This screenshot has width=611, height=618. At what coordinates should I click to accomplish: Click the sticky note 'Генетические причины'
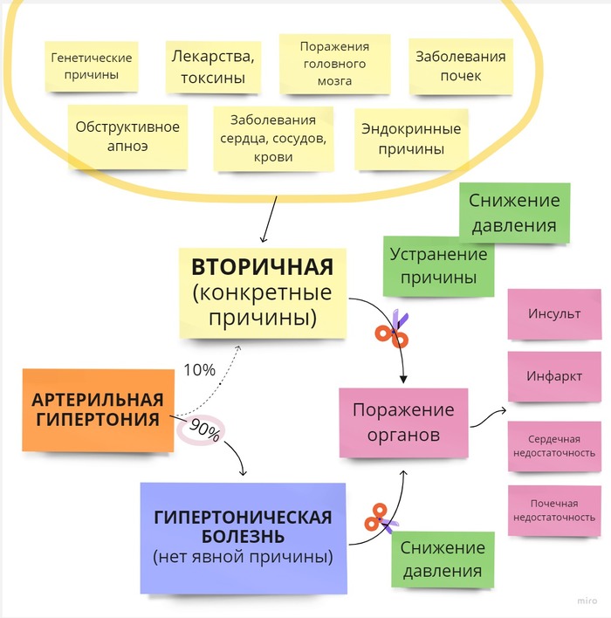[92, 66]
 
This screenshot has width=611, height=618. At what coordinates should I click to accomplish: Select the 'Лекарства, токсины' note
[212, 67]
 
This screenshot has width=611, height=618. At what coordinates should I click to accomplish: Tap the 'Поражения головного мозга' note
[334, 64]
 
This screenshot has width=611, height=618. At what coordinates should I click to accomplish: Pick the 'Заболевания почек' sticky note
[460, 66]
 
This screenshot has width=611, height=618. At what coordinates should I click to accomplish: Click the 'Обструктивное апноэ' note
[127, 136]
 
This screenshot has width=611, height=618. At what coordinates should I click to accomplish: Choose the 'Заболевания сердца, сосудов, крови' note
[273, 139]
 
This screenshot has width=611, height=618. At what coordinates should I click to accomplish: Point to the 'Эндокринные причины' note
[410, 139]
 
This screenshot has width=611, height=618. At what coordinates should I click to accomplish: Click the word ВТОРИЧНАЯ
[262, 265]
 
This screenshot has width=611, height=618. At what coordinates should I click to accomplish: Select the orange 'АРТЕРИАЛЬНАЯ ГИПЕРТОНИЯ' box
[97, 409]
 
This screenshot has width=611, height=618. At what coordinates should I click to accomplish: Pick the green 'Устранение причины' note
[437, 266]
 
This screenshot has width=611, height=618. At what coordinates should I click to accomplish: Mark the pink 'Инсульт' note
[553, 314]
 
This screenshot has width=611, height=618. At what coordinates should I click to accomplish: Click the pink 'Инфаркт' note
[553, 376]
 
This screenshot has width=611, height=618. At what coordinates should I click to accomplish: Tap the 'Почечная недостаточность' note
[553, 511]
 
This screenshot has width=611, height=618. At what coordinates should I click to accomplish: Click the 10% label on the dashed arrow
[199, 369]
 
